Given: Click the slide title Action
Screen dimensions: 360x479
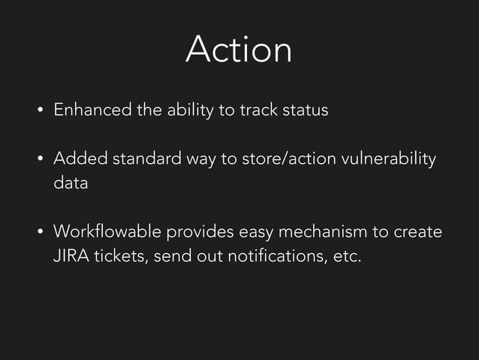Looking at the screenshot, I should click(x=239, y=50).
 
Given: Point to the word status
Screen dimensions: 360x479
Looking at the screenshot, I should click(x=305, y=110).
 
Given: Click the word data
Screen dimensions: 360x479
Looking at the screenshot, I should click(x=71, y=183).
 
